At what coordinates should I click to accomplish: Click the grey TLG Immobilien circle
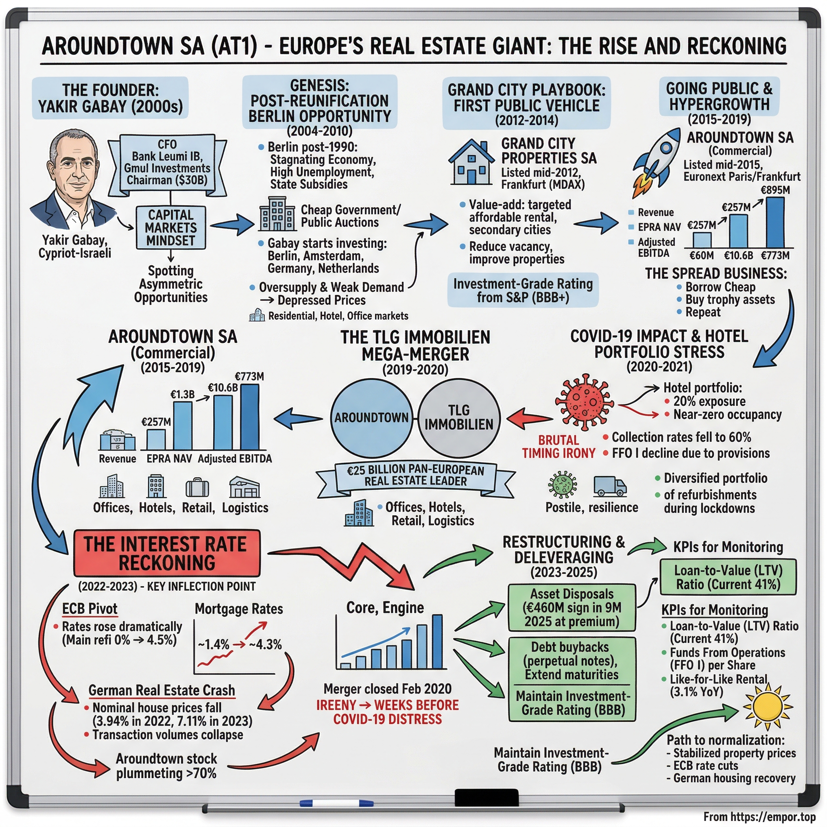click(458, 418)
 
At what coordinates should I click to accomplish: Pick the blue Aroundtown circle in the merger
click(371, 418)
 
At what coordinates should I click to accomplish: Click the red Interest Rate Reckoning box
click(166, 553)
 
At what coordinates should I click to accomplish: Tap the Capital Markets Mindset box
click(171, 228)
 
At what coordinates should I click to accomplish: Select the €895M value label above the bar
click(775, 190)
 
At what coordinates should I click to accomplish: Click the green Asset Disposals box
click(571, 607)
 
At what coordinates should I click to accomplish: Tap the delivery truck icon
click(609, 486)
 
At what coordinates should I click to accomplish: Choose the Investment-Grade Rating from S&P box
click(523, 290)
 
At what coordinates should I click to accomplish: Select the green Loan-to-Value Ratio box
click(728, 577)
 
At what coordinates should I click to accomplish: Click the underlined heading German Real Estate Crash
click(162, 691)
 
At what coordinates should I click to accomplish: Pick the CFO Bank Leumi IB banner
click(167, 162)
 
